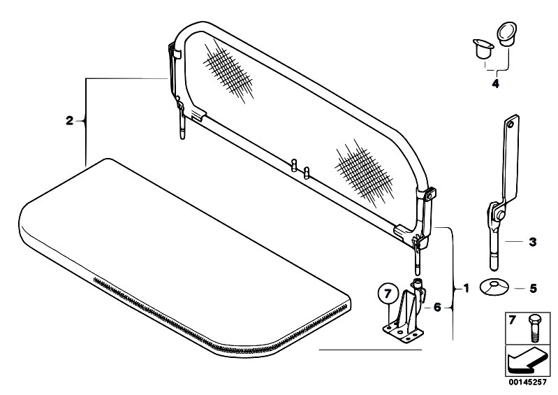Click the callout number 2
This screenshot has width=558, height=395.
69,121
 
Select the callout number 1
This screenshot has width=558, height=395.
467,288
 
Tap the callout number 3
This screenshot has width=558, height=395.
532,242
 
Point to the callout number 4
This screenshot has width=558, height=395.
495,84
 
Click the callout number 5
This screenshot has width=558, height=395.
533,289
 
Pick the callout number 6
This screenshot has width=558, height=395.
437,307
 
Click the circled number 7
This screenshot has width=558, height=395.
388,294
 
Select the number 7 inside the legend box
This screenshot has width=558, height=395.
512,320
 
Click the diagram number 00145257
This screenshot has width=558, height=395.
527,382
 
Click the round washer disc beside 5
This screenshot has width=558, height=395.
494,287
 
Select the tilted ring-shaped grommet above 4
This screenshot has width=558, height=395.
506,34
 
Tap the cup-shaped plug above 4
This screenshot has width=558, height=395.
483,49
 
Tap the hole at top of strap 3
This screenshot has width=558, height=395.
511,124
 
